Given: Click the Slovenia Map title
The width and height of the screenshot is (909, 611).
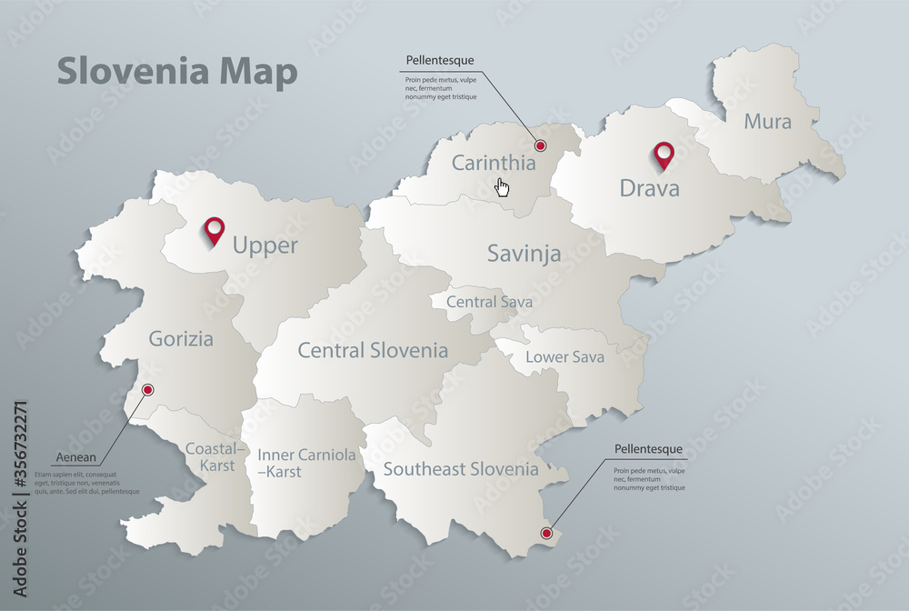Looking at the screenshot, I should coord(177,73).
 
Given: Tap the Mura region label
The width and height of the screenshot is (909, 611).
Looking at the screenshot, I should coord(768,121).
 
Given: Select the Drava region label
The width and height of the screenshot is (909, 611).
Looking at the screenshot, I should coord(649,188).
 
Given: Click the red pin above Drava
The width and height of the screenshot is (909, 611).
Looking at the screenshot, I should coord(664,155).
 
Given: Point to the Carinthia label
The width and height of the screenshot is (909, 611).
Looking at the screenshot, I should coord(494,164).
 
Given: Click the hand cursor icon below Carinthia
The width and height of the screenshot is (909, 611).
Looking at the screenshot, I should coord(502,187).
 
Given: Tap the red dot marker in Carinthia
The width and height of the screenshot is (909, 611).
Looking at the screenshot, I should coord(540,145).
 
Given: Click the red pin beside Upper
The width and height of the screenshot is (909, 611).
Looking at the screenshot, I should coord(215,231).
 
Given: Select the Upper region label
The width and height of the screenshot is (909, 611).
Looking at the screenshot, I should coord(265,245).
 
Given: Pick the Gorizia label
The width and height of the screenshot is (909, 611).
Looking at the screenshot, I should coord(182,340).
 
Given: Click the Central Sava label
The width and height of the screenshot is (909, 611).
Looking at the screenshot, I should coord(489,302).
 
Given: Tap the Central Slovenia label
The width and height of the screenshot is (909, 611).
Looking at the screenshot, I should coord(373,350).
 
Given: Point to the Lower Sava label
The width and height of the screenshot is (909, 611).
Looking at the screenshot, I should coord(564,357).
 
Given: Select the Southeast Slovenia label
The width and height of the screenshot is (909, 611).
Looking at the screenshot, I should coord(461,469).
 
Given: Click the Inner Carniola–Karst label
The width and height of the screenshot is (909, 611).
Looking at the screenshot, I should coord(306,463).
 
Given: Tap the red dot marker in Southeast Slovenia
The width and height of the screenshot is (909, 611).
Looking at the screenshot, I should coord(546,533).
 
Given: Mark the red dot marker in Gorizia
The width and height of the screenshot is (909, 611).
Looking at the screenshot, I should coord(148,390).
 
